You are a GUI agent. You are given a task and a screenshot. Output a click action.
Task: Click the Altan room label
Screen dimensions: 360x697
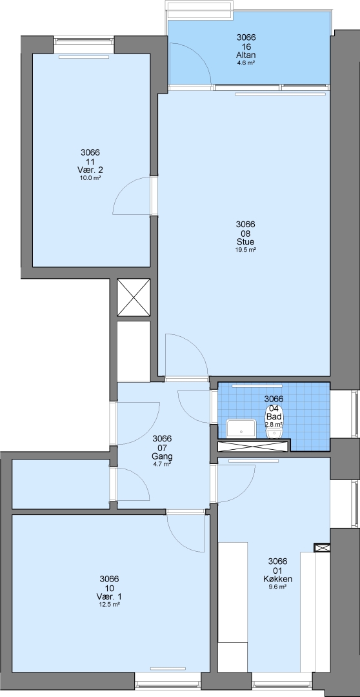tap(246, 55)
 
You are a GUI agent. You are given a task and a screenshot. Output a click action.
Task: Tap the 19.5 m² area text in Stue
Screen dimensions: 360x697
tap(246, 250)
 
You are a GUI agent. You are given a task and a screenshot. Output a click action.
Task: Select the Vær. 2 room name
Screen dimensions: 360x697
tap(90, 170)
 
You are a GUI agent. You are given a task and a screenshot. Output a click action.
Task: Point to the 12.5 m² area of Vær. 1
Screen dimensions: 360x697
tap(109, 605)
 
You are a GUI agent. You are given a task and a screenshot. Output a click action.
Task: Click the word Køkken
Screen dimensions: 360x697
tap(277, 579)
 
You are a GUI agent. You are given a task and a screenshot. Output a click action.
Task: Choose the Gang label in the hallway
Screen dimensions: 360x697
tap(162, 456)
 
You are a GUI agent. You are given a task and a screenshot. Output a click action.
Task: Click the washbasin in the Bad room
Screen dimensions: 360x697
tap(241, 429)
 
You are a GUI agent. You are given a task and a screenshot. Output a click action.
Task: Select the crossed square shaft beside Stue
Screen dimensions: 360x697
tap(134, 298)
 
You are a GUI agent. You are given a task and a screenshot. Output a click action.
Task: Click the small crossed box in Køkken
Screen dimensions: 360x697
tap(321, 548)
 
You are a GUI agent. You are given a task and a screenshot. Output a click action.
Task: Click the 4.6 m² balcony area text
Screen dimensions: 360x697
tap(246, 63)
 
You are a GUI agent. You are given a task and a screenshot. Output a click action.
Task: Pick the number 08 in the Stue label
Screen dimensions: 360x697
tap(246, 234)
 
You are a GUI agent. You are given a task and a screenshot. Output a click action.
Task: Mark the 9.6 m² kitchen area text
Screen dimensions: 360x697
tap(277, 587)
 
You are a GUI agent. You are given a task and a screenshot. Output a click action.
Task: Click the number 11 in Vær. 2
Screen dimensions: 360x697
tap(90, 161)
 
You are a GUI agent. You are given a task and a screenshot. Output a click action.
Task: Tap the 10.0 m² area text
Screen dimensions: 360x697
tap(90, 178)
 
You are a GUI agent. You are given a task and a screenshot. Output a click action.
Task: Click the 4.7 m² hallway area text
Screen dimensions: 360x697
tap(162, 463)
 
